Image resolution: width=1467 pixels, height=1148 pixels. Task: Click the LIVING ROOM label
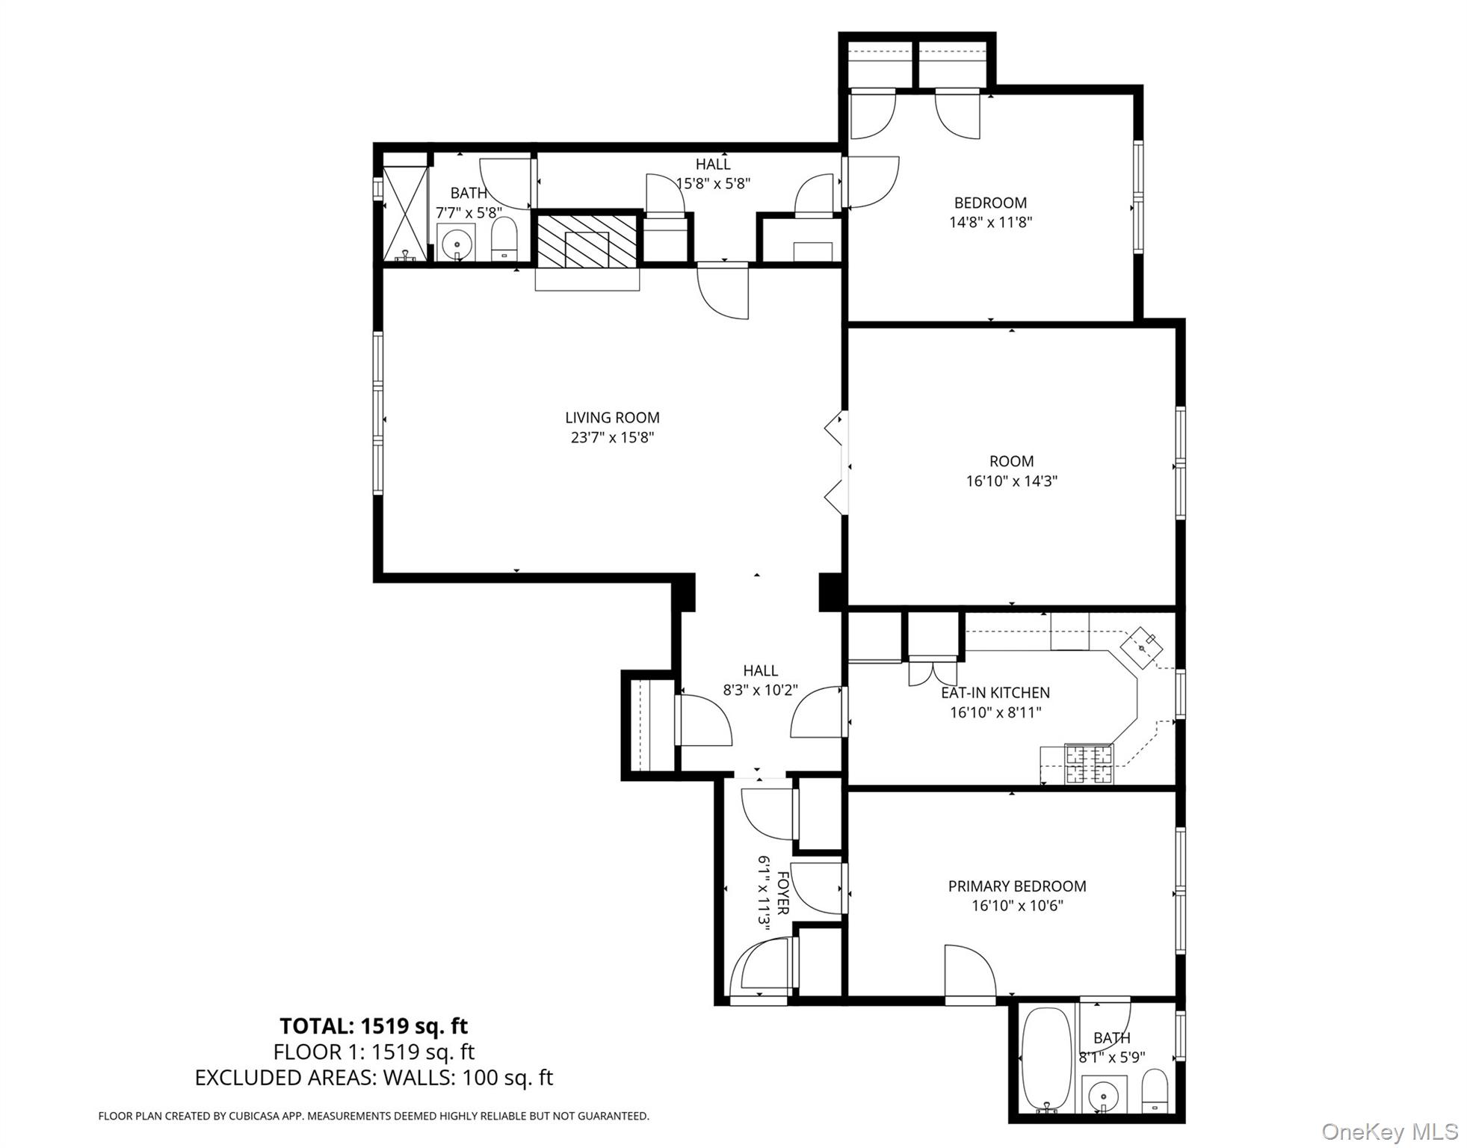coord(612,418)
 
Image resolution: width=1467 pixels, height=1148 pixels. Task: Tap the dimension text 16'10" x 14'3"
coord(1011,481)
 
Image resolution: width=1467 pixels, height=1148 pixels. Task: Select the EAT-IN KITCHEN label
coord(995,693)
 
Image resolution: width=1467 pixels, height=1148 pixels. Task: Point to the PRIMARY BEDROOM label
coord(1016,886)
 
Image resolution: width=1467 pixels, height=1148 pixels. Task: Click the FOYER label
coord(782,892)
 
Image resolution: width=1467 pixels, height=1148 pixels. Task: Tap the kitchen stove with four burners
coord(1088,764)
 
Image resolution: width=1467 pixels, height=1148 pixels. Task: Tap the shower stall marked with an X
coord(404,213)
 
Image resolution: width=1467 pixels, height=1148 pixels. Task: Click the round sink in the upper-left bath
coord(455,243)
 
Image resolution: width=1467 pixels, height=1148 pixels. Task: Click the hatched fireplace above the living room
coord(587,240)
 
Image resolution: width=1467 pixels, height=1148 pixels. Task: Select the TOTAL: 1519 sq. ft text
coord(374,1026)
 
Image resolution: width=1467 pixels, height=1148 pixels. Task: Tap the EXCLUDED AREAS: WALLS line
coord(374,1077)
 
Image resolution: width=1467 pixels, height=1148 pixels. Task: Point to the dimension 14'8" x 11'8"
coord(990,222)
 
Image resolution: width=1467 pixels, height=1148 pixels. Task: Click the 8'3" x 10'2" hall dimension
coord(760,690)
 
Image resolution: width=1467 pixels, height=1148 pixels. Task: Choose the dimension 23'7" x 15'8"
coord(612,437)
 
